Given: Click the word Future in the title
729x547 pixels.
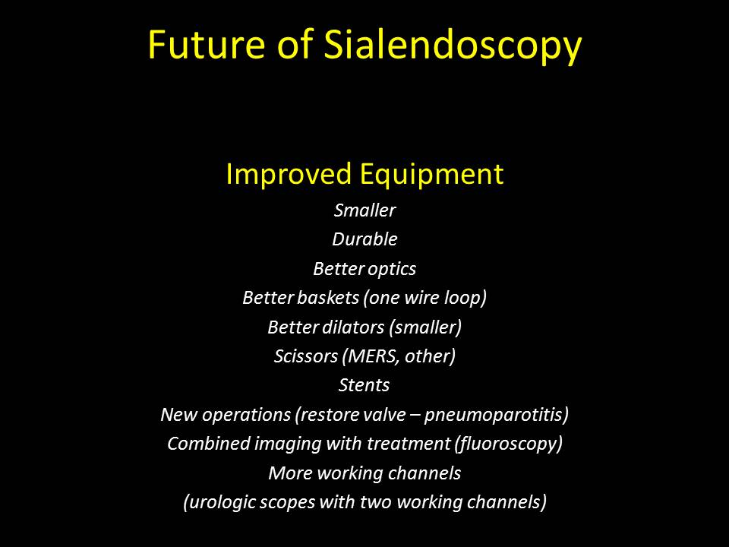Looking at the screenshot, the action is (x=207, y=44).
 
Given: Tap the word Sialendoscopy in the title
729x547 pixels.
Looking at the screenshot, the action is (x=453, y=46).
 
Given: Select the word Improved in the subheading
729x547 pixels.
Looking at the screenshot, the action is (x=289, y=175).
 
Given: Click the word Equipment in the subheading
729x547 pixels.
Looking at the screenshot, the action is (x=431, y=175).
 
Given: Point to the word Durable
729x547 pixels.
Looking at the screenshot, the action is (x=364, y=239).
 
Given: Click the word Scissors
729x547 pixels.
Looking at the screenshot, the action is (x=306, y=356).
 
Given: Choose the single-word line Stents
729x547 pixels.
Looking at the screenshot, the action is (x=364, y=385).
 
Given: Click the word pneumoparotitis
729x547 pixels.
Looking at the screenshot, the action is (x=496, y=415).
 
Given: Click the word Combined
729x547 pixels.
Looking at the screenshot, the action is (x=209, y=443).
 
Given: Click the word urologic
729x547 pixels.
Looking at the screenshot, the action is (x=219, y=503).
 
